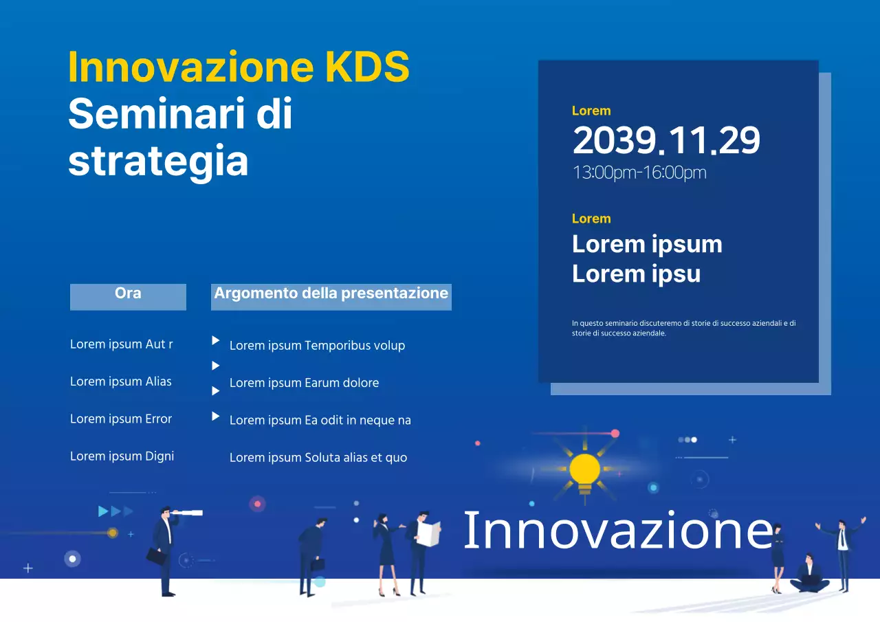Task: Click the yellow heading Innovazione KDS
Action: pyautogui.click(x=239, y=67)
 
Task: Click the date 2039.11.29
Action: pyautogui.click(x=665, y=141)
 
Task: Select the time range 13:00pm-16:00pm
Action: pyautogui.click(x=639, y=173)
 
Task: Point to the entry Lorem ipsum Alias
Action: pyautogui.click(x=121, y=381)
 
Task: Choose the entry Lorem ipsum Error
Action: pyautogui.click(x=121, y=419)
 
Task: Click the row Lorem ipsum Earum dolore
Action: pyautogui.click(x=304, y=383)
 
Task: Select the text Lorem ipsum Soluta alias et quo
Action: pyautogui.click(x=318, y=457)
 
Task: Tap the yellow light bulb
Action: pyautogui.click(x=584, y=471)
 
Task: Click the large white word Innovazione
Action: pyautogui.click(x=617, y=531)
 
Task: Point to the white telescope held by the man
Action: pyautogui.click(x=187, y=513)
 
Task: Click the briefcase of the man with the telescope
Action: pyautogui.click(x=157, y=557)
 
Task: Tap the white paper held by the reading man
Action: pyautogui.click(x=429, y=534)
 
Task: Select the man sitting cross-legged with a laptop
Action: pyautogui.click(x=810, y=576)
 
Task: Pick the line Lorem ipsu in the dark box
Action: pyautogui.click(x=636, y=274)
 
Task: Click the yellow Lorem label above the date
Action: pyautogui.click(x=591, y=111)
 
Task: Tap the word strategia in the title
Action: pyautogui.click(x=158, y=162)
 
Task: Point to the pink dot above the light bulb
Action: pyautogui.click(x=615, y=434)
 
